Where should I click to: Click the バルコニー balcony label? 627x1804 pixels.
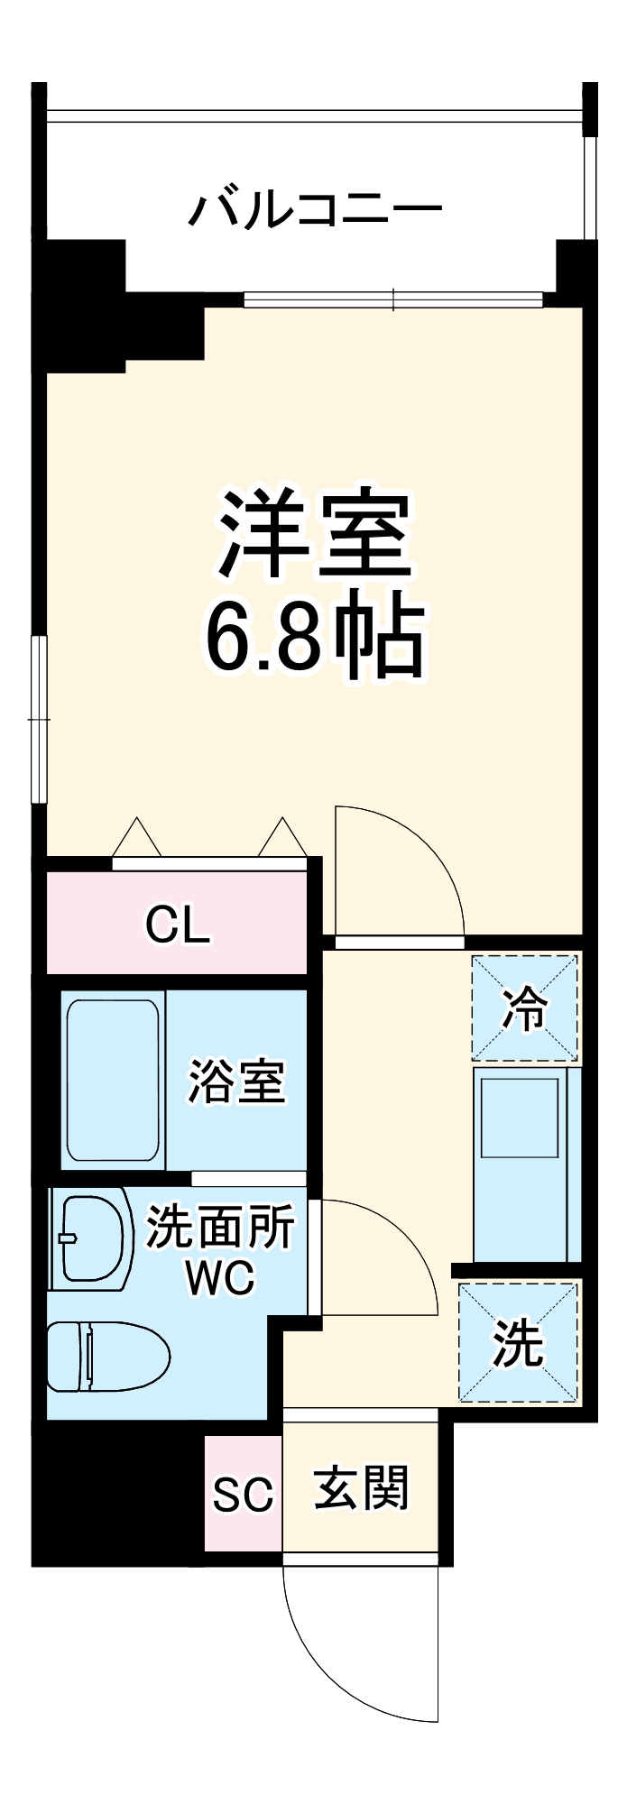pos(315,209)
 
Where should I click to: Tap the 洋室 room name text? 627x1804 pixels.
pos(315,534)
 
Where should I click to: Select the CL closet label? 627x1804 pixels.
pos(178,924)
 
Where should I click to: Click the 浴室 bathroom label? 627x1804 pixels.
pos(236,1081)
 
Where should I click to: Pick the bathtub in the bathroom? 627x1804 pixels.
pos(113,1080)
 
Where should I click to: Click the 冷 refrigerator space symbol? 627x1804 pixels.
pos(524,1008)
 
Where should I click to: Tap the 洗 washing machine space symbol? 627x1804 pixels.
pos(518,1343)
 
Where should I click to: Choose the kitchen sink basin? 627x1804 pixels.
pos(520,1118)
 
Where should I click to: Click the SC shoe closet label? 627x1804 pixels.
pos(243,1495)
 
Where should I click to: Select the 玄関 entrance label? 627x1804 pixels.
pos(362,1488)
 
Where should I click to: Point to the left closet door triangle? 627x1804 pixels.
pos(136,838)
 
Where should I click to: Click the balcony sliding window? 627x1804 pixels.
pos(393,299)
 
